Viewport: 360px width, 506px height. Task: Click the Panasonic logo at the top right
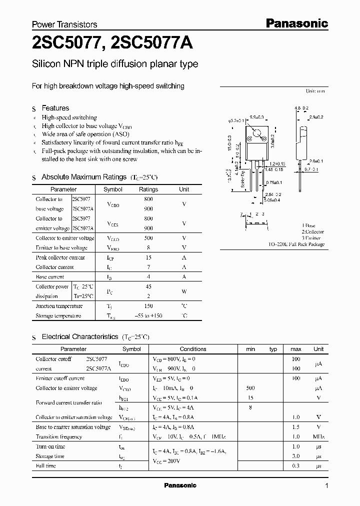[295, 23]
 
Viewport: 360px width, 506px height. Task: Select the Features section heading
[55, 108]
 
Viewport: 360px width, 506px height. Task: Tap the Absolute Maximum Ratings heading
[84, 177]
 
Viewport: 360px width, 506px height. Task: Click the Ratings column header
[148, 189]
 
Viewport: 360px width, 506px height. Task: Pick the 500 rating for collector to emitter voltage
[148, 238]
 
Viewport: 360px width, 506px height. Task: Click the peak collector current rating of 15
[148, 257]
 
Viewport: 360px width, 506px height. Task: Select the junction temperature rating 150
[148, 306]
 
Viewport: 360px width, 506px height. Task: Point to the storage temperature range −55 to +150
[148, 316]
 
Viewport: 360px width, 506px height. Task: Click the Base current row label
[50, 277]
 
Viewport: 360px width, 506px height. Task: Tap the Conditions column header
[193, 349]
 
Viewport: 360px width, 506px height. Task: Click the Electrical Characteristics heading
[80, 337]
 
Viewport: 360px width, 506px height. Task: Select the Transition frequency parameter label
[59, 436]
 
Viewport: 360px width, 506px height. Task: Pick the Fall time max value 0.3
[295, 466]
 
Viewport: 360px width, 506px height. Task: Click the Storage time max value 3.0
[295, 456]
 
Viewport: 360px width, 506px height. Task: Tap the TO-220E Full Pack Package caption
[296, 244]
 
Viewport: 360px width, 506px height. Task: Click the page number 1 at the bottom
[326, 486]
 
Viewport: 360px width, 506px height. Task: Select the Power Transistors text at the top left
[64, 24]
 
